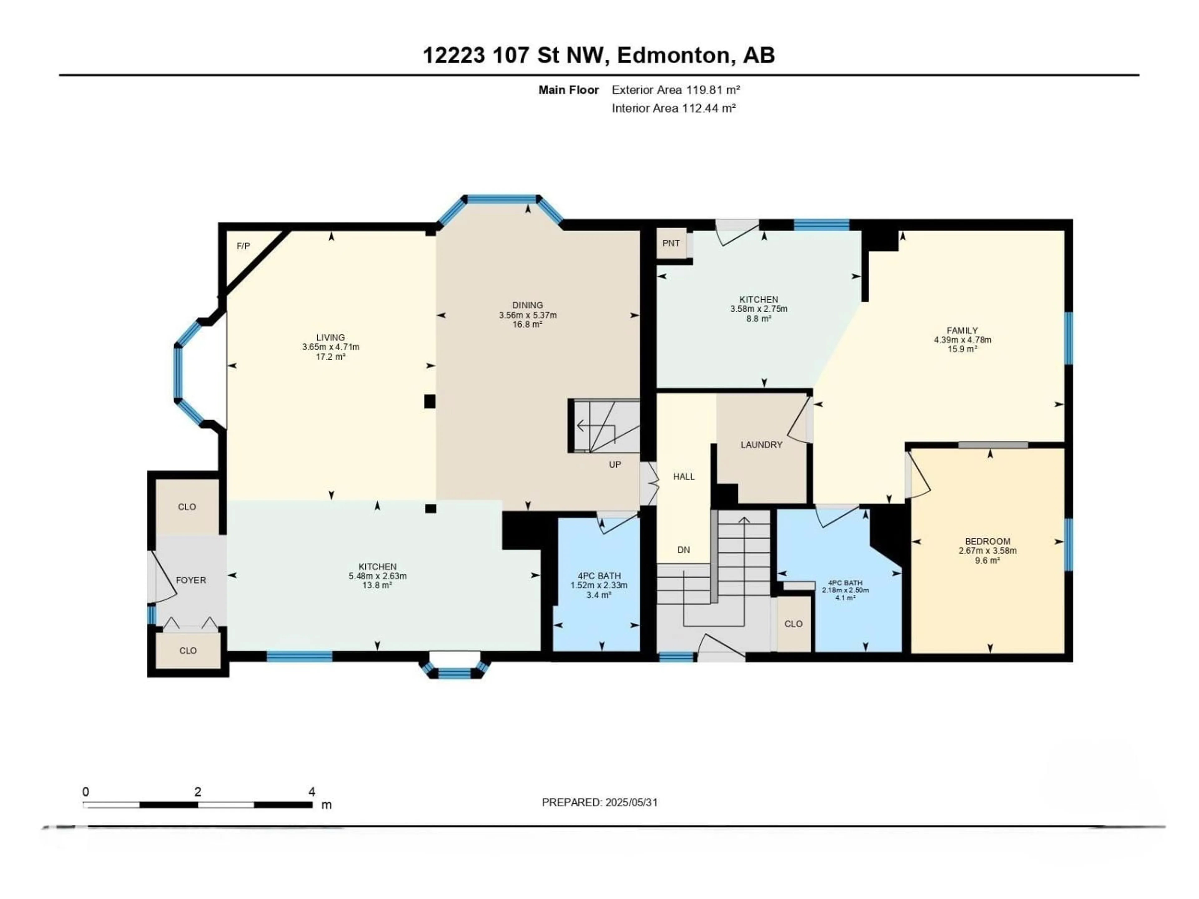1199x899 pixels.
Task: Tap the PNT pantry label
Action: [671, 243]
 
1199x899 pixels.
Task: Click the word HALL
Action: [683, 477]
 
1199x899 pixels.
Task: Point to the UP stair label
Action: [615, 465]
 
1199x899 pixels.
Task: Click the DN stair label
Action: [683, 550]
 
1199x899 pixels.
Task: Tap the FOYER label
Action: [191, 580]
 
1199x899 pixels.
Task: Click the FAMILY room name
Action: [962, 331]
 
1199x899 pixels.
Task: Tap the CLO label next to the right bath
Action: [793, 624]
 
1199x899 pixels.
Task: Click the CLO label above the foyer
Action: [187, 507]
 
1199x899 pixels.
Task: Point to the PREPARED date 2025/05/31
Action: [631, 803]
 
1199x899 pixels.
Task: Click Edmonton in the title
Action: [673, 55]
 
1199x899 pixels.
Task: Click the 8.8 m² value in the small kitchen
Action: [758, 319]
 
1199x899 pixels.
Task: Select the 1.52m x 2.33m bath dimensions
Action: [599, 586]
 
